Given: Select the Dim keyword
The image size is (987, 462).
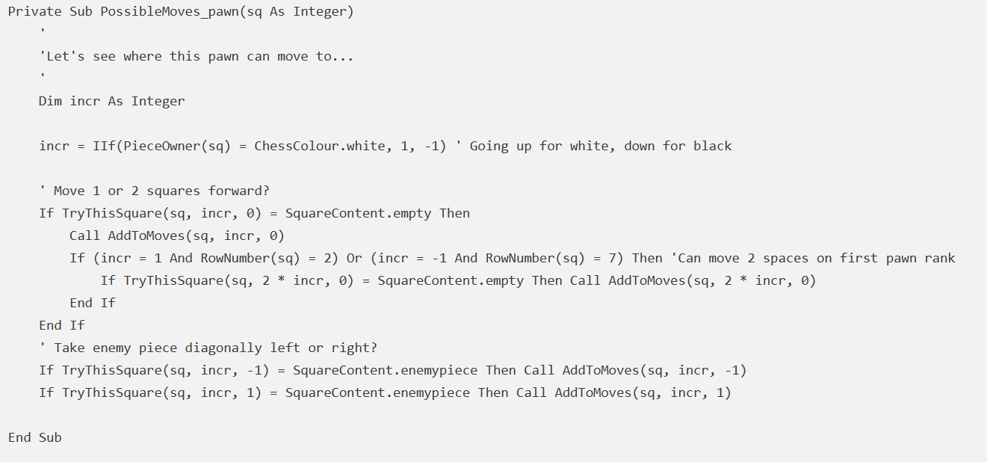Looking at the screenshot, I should [x=50, y=101].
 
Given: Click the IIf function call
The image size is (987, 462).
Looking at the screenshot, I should [x=104, y=146].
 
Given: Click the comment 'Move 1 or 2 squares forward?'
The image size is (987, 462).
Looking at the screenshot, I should [x=154, y=191].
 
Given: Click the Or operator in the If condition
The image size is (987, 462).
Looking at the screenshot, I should [x=354, y=258].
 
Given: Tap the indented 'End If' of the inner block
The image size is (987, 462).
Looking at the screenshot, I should [x=93, y=303].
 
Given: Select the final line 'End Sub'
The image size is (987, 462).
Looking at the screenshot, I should [x=34, y=437].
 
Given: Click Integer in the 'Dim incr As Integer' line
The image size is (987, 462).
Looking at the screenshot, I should [x=158, y=101].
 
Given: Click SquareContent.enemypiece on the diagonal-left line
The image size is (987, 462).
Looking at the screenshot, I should [x=385, y=370].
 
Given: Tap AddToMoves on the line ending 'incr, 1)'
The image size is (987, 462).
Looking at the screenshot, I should [x=589, y=392].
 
